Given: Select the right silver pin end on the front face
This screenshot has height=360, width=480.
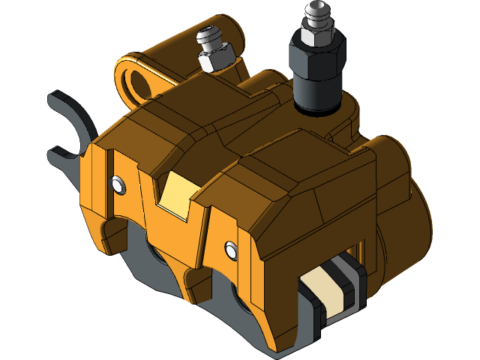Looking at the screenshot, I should (231, 245).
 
